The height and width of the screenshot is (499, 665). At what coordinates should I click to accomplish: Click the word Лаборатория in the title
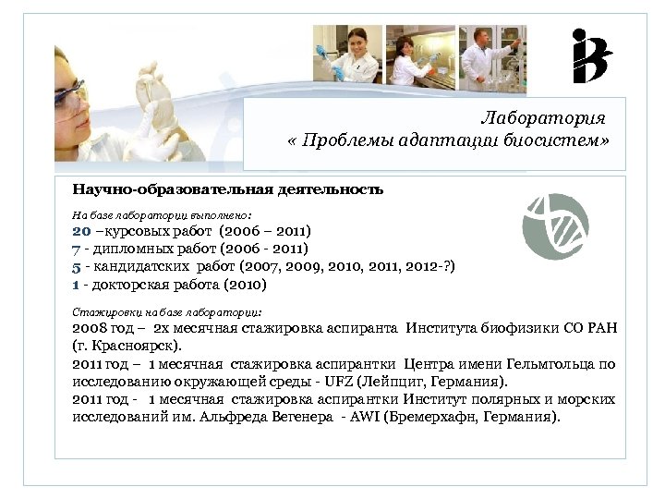[543, 118]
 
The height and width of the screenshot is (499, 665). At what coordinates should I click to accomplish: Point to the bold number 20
[82, 231]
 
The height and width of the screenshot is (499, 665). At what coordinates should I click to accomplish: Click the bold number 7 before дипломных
[76, 249]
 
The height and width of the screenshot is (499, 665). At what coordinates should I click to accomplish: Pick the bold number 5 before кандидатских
[76, 266]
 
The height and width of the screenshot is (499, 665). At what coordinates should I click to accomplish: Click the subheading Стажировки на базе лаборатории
[167, 311]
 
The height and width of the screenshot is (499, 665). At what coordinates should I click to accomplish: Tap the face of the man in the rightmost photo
[483, 40]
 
